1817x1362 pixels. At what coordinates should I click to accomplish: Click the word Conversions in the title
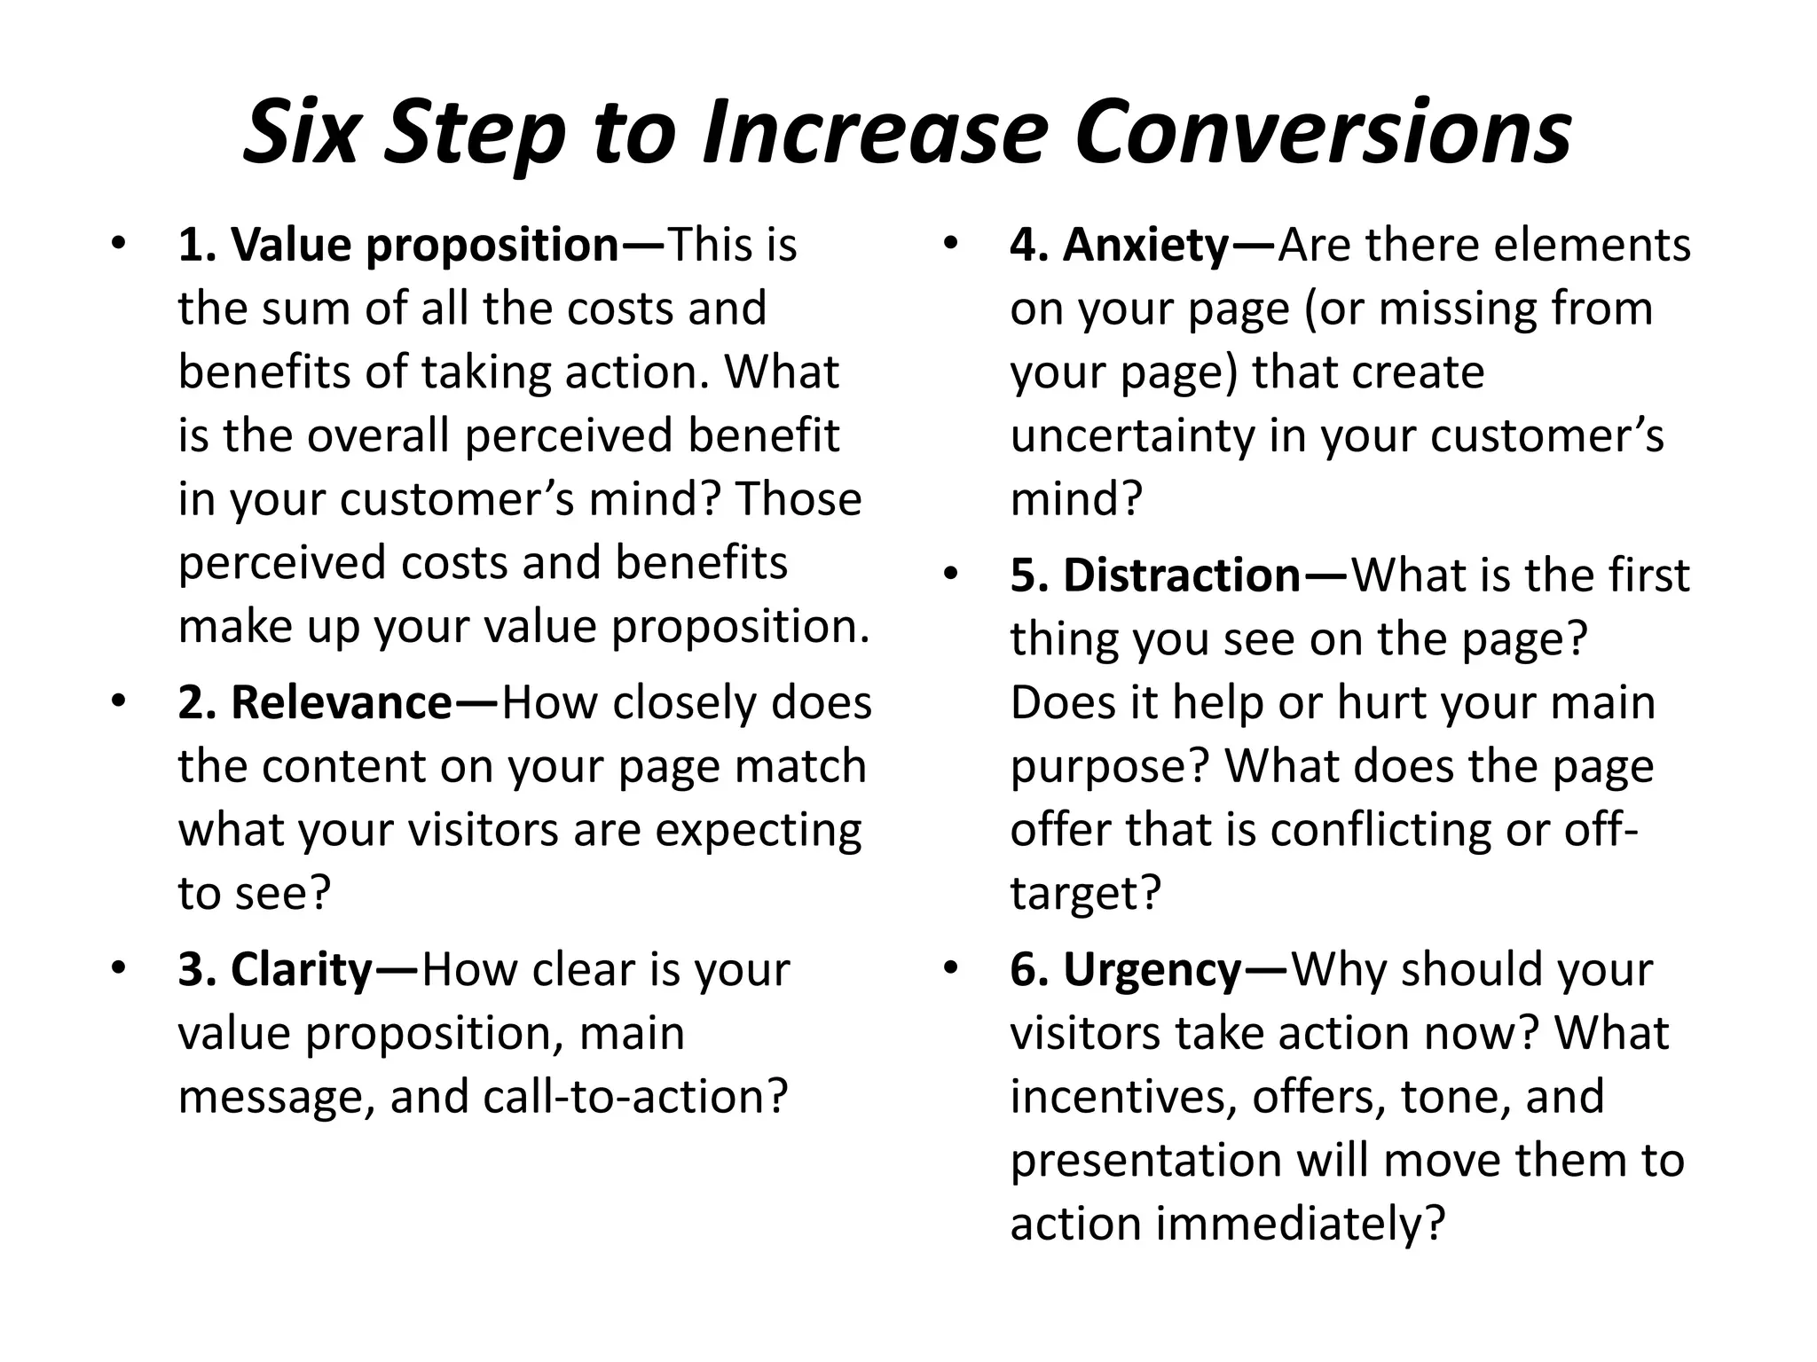[x=1324, y=133]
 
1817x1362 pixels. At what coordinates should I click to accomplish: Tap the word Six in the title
[x=301, y=133]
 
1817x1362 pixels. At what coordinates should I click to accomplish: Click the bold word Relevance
[x=342, y=703]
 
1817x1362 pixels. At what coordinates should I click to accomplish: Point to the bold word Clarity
[x=301, y=970]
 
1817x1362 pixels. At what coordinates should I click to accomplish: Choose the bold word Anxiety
[x=1145, y=246]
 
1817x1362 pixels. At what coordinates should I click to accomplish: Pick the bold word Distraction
[x=1182, y=575]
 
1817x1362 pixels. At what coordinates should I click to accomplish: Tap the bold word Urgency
[x=1152, y=970]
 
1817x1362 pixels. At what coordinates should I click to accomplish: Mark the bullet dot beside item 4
[x=950, y=243]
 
